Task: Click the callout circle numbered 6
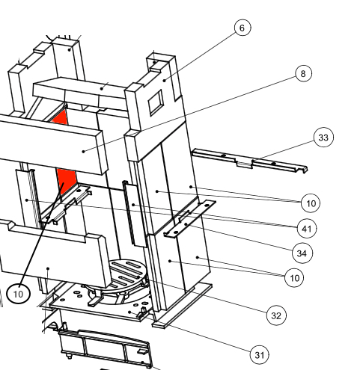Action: tap(242, 28)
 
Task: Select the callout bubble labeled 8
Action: tap(303, 73)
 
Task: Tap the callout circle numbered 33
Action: tap(323, 138)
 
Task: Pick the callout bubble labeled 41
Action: tap(307, 229)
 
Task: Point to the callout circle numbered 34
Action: tap(302, 253)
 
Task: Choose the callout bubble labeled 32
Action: tap(276, 315)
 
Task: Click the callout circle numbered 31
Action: tap(260, 355)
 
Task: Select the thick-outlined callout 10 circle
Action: tap(18, 294)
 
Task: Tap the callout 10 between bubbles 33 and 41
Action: tap(311, 203)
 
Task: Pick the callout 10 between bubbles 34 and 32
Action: tap(294, 278)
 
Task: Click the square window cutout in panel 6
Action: tap(156, 103)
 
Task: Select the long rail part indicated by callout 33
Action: tap(249, 161)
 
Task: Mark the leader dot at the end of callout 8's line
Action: tap(84, 151)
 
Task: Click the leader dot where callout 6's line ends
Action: tap(165, 81)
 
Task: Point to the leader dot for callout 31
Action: tap(129, 312)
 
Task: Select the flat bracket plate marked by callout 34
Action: tap(189, 218)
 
